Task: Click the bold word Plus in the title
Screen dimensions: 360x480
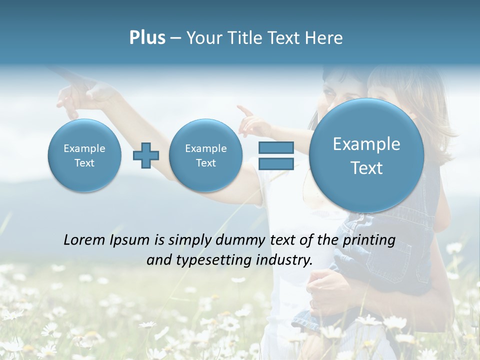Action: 147,38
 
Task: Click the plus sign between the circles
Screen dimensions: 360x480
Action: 146,155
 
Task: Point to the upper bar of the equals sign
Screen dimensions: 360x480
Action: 275,147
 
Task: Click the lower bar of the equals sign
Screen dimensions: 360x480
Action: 275,163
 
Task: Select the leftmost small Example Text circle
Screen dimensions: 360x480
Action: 84,155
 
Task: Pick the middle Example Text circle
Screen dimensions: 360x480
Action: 205,155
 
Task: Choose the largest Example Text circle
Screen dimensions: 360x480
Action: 366,155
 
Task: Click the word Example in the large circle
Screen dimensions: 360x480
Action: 366,144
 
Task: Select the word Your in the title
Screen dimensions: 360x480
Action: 202,38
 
